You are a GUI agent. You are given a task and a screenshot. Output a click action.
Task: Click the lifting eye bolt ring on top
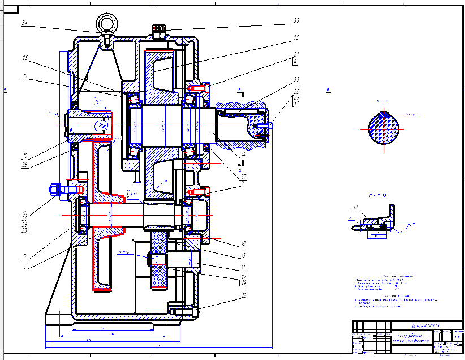coord(106,23)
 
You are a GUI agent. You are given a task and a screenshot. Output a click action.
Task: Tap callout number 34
coord(25,23)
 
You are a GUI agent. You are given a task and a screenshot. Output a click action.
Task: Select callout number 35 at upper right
coord(296,22)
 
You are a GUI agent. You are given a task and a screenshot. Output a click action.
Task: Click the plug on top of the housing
coord(158,31)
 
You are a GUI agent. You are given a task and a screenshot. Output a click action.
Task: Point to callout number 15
coord(296,38)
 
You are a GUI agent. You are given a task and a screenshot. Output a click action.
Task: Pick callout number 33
coord(296,79)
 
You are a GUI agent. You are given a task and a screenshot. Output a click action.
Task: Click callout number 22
coord(244,295)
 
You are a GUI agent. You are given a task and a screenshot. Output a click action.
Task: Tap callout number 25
coord(25,58)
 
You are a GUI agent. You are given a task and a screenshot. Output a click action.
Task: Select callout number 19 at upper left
coord(25,75)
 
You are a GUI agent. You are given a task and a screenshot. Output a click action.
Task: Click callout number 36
coord(25,166)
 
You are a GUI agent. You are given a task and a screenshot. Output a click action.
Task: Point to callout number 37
coord(243,175)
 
